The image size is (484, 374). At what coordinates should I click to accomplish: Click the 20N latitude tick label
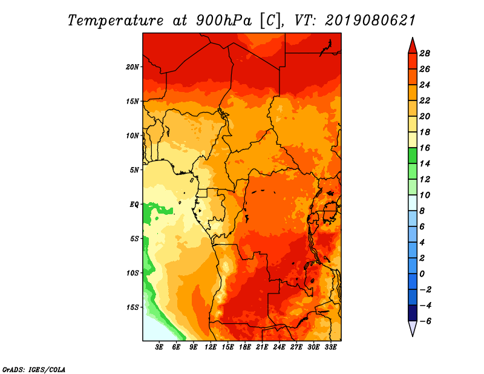pos(132,67)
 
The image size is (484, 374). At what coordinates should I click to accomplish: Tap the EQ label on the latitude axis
pos(134,205)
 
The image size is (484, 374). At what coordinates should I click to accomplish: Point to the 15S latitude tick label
pos(132,307)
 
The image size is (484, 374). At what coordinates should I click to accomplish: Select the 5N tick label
pos(134,170)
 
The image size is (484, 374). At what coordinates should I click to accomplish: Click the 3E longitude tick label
pos(159,347)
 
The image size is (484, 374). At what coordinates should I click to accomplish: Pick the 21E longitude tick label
pos(262,347)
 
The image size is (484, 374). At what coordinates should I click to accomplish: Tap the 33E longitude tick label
pos(330,347)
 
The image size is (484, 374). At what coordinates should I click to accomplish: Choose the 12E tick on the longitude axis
pos(210,347)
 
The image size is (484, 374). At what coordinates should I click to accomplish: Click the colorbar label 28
pos(425,53)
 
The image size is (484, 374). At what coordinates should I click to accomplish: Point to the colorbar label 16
pos(425,148)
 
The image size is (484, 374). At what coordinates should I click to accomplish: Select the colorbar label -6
pos(425,321)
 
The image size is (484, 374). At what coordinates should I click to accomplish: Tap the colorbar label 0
pos(422,274)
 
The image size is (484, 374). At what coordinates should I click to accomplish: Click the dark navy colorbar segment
pos(413,313)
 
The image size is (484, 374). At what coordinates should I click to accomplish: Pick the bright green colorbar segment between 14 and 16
pos(413,156)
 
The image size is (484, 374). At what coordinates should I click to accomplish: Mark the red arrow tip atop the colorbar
pos(413,38)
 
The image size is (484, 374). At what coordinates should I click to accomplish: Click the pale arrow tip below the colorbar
pos(413,336)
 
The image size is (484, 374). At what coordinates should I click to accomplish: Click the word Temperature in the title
pos(116,21)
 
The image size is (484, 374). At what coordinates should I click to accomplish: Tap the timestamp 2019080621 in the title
pos(370,21)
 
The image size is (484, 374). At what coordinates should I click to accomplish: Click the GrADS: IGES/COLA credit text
pos(34,370)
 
